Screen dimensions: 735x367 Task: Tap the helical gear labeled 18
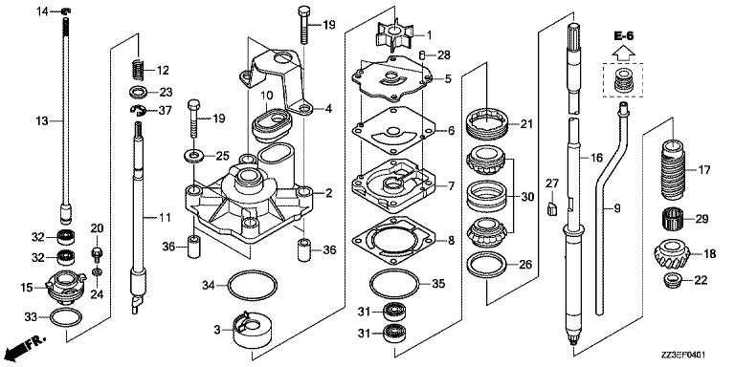[x=670, y=253]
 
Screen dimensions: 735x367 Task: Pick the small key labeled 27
[x=552, y=206]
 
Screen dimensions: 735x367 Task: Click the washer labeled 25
[x=193, y=155]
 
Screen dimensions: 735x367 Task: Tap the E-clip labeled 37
[x=139, y=111]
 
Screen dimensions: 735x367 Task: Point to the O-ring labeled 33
[x=66, y=318]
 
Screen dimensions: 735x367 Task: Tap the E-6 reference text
[x=624, y=35]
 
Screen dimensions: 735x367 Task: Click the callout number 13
[x=42, y=121]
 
